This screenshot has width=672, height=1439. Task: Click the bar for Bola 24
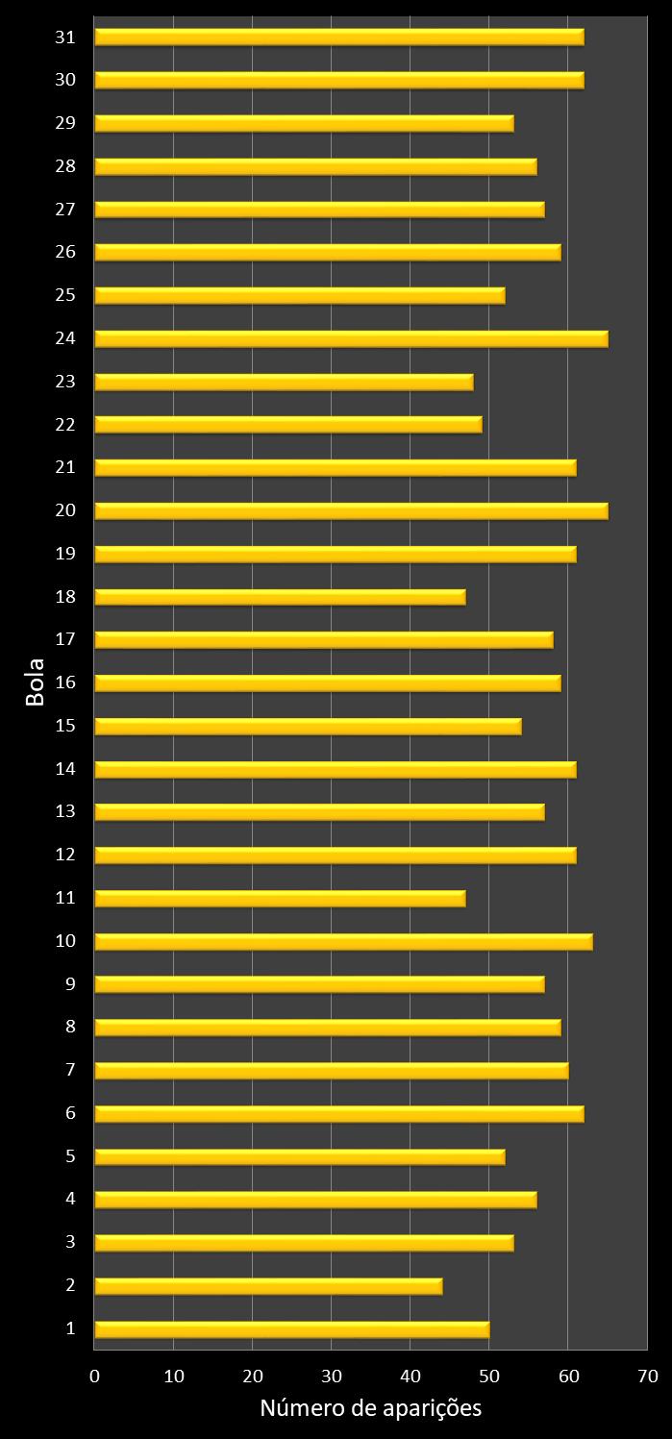(x=351, y=338)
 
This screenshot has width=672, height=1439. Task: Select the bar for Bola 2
(x=268, y=1286)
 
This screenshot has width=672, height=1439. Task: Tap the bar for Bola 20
(x=351, y=510)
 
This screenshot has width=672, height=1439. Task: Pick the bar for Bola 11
(x=280, y=898)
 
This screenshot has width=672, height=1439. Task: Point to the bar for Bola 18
(x=280, y=597)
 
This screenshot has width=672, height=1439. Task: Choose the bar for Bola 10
(x=343, y=941)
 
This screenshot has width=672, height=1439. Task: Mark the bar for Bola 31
(x=339, y=37)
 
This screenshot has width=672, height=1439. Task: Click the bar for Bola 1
(x=291, y=1329)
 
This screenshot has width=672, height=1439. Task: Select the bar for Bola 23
(x=284, y=382)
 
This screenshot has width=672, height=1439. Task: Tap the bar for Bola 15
(x=308, y=726)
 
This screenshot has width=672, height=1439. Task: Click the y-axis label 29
(x=65, y=123)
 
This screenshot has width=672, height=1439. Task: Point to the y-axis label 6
(x=70, y=1113)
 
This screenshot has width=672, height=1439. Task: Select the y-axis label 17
(x=65, y=639)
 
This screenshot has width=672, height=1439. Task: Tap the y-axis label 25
(x=65, y=295)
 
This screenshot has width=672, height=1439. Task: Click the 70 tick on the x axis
(x=647, y=1377)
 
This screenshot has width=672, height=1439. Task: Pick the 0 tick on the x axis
(x=94, y=1377)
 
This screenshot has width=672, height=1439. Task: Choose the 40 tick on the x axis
(x=411, y=1377)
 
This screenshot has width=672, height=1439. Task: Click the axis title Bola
(x=35, y=682)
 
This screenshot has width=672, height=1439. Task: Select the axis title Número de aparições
(x=370, y=1409)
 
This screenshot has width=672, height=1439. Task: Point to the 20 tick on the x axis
(x=252, y=1377)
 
